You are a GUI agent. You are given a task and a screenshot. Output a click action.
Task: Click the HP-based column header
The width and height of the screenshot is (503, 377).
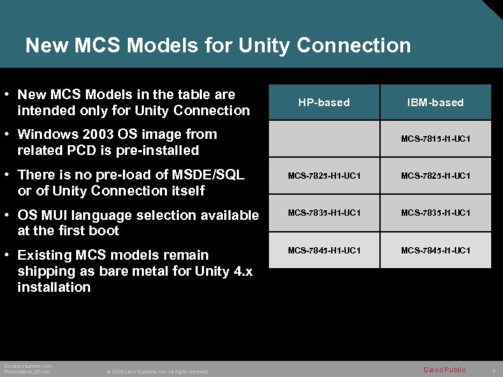point(323,103)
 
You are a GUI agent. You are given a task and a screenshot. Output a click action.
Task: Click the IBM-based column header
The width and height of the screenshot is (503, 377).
point(435,103)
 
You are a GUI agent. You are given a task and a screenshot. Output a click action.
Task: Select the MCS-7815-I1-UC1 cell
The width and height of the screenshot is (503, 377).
point(435,139)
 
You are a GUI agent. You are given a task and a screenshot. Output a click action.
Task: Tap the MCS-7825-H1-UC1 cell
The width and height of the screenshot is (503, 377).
point(324,176)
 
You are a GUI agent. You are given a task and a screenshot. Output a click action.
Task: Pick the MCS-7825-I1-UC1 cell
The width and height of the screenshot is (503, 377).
point(435,176)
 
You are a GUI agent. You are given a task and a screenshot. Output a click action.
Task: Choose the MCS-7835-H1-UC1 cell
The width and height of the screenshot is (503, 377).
point(324,213)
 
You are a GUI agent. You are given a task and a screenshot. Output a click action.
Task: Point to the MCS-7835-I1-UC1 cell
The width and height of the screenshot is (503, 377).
point(435,213)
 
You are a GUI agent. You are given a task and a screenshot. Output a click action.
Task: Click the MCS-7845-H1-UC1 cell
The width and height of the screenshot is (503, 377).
point(324,250)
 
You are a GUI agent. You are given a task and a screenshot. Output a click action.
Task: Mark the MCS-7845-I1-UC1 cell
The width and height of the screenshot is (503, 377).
point(435,250)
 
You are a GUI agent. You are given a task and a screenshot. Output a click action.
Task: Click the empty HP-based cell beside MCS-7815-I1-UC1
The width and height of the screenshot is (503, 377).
point(324,139)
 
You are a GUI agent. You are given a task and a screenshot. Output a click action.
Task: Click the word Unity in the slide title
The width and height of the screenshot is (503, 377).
point(265,46)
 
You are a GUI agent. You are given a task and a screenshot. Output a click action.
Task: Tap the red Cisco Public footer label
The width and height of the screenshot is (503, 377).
point(444,369)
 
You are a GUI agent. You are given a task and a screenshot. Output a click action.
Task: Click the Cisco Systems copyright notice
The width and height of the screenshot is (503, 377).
point(157,371)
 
